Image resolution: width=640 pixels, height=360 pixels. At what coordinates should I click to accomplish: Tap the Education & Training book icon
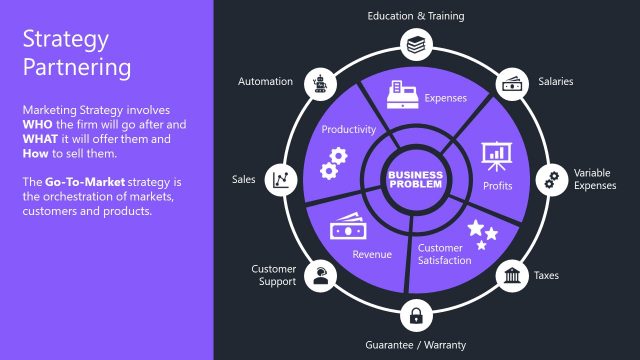coord(415,43)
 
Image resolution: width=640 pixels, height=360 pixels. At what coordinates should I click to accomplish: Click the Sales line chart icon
coord(281,180)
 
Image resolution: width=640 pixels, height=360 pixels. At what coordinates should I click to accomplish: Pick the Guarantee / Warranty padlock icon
coord(415,316)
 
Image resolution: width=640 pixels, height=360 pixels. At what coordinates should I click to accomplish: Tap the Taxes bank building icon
coord(512,275)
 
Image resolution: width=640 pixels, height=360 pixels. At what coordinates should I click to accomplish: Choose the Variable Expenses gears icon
coord(549,180)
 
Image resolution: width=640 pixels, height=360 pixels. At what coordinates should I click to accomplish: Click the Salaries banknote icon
coord(511,84)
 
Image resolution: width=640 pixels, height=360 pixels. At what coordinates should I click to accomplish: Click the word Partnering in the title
coord(78,68)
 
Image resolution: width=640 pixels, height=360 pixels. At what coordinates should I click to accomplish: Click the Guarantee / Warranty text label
coord(415,345)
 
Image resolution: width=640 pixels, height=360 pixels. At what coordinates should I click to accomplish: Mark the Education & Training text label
coord(415,16)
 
